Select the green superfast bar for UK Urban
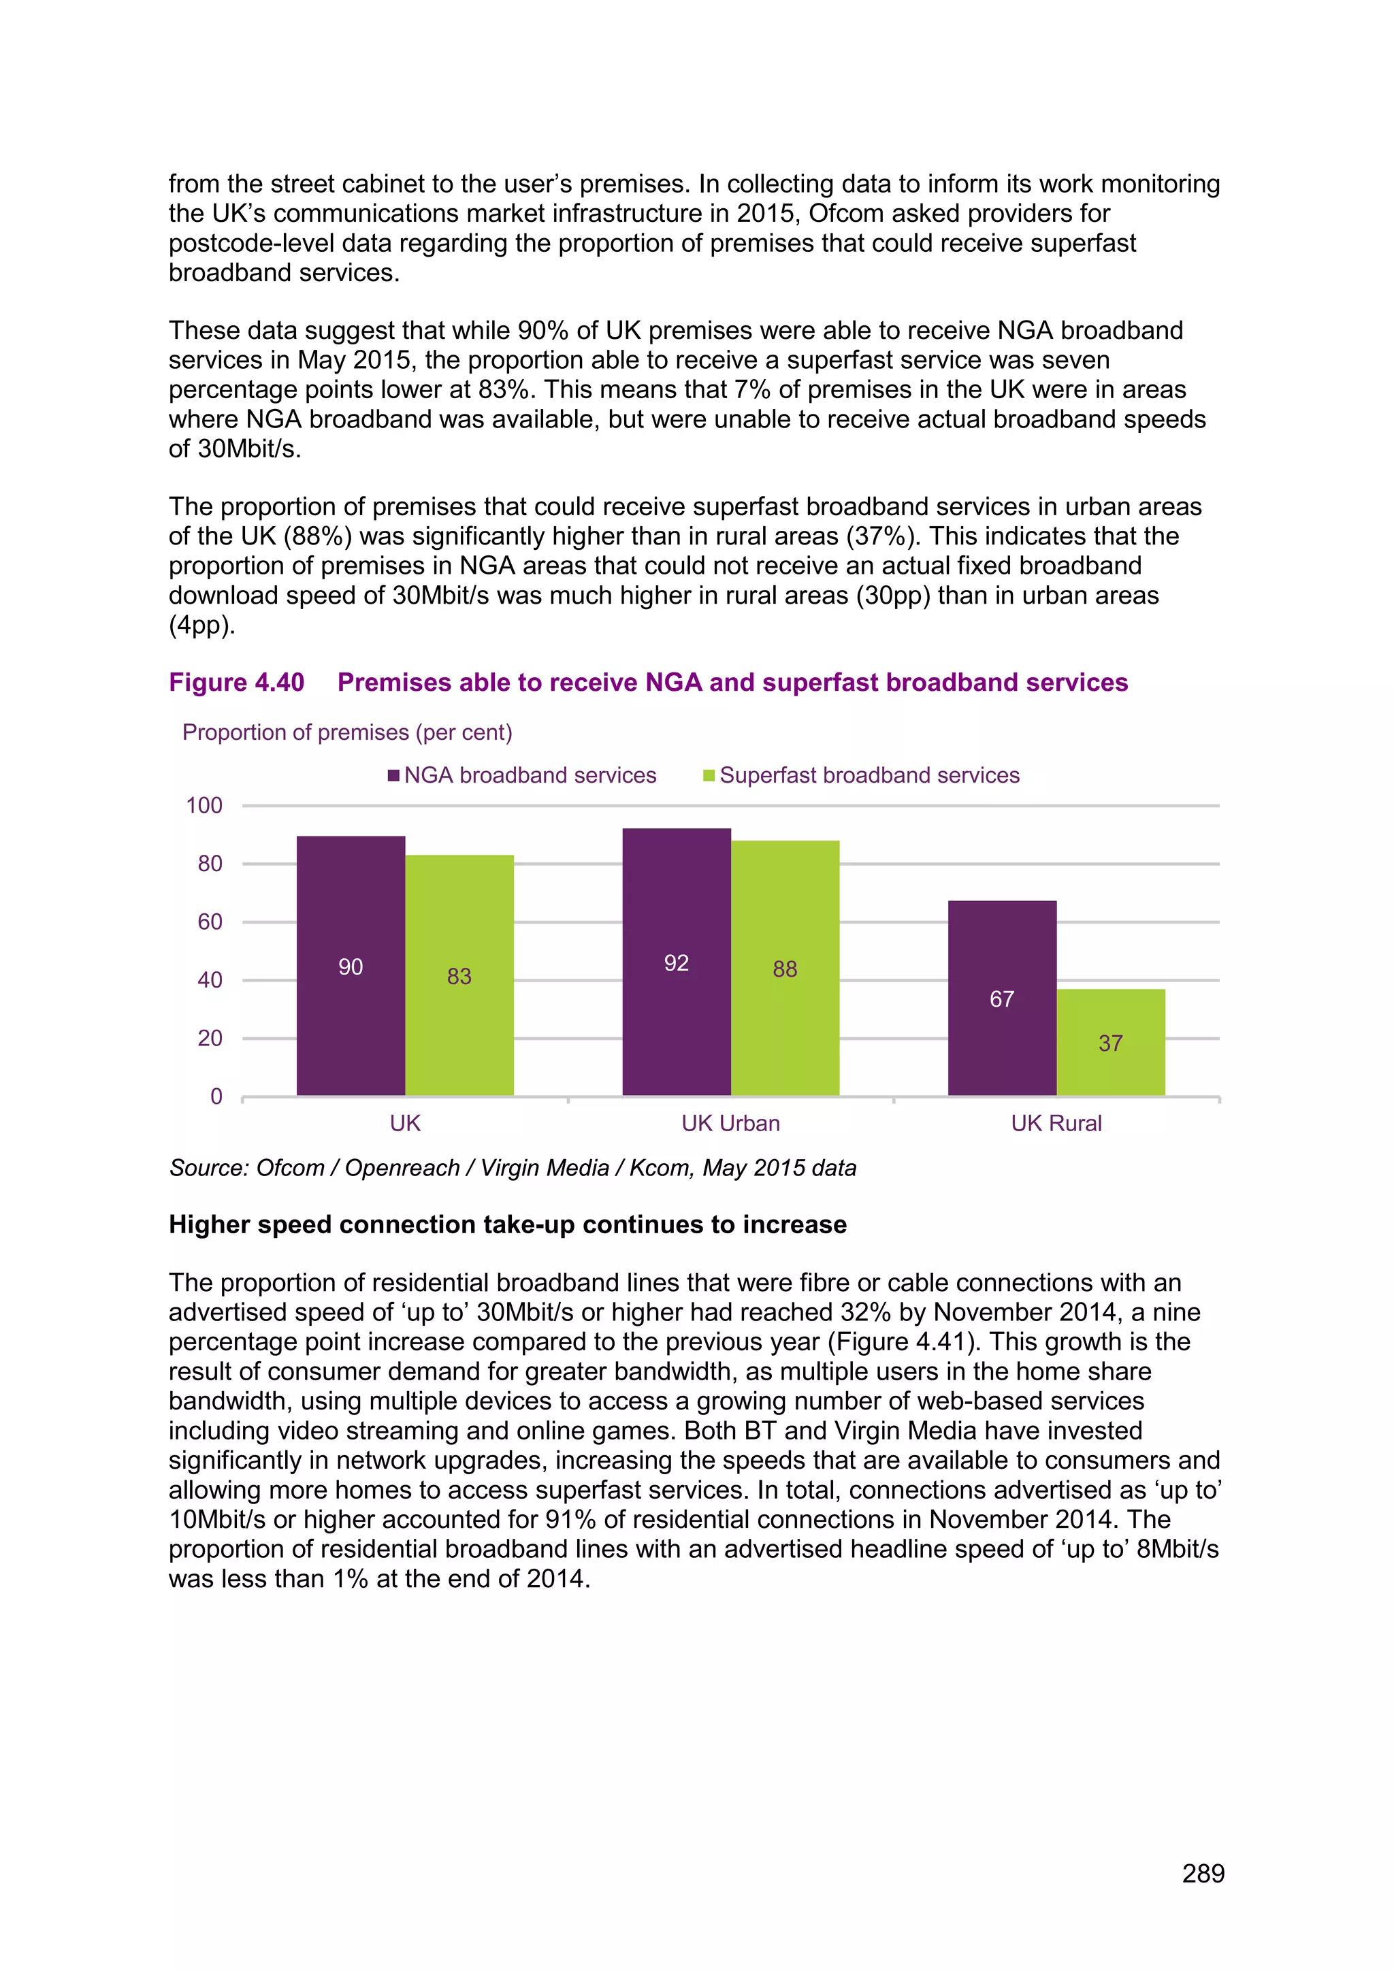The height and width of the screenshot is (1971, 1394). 785,968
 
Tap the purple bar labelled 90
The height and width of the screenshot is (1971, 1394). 351,966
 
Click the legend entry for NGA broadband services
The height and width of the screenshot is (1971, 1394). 522,775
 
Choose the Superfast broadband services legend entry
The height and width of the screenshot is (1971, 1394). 861,775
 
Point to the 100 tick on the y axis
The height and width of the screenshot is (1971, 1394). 204,805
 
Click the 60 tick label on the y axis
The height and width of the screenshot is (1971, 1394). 210,922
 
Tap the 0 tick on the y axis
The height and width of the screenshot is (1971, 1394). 216,1096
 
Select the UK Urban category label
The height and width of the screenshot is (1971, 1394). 730,1123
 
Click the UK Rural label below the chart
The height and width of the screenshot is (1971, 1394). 1056,1123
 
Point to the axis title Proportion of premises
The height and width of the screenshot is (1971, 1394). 346,732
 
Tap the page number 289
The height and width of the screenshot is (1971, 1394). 1203,1873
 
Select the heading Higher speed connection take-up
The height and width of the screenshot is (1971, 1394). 507,1224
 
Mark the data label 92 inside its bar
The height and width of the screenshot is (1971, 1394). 677,963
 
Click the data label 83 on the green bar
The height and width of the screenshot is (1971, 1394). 459,976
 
